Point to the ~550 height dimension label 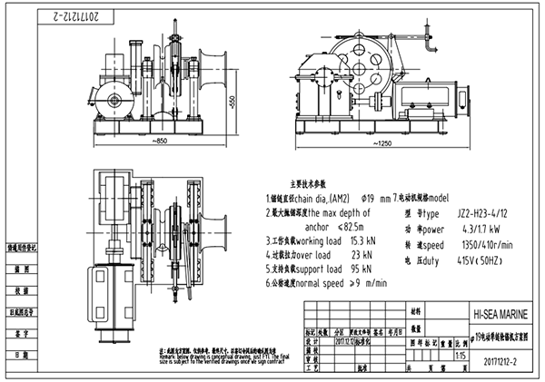pos(232,102)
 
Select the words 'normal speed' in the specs pos(333,283)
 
